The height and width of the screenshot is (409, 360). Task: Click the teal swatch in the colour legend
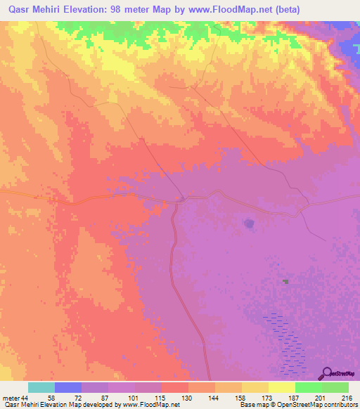click(x=41, y=387)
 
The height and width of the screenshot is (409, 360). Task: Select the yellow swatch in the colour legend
click(x=281, y=387)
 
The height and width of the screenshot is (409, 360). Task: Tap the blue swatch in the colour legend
click(x=68, y=387)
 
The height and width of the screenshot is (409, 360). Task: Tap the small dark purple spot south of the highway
click(x=249, y=223)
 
